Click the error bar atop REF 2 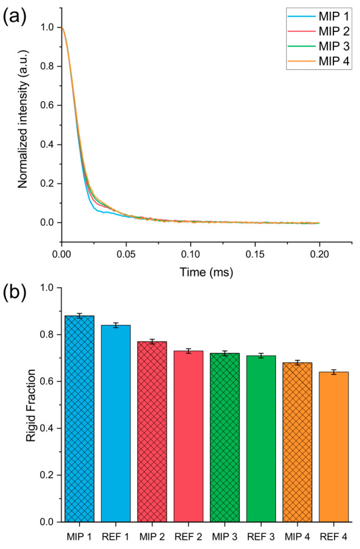[x=189, y=351]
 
